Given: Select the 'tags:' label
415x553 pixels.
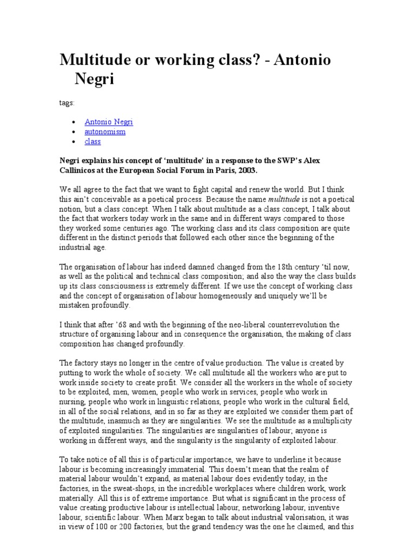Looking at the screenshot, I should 67,103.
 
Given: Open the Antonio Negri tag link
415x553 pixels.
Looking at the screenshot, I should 109,122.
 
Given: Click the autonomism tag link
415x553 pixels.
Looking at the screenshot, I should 105,132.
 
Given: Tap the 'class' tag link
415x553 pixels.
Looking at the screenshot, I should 92,141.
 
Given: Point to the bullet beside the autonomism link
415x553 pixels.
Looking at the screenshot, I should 73,132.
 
